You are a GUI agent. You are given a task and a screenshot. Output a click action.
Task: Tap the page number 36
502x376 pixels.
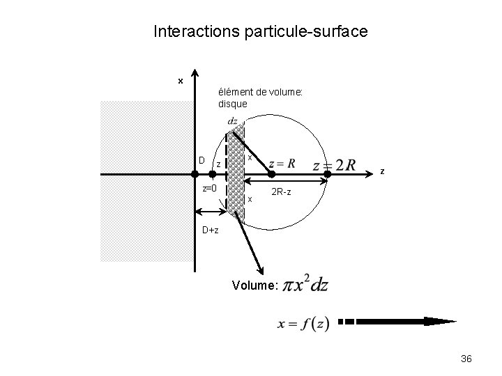466,359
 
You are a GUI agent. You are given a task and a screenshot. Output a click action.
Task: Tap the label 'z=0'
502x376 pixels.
210,188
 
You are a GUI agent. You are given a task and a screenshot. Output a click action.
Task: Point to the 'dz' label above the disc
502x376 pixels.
233,121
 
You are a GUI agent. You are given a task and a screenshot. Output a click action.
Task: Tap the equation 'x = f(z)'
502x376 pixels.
303,324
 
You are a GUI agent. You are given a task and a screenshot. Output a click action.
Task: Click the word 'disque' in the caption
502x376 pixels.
232,104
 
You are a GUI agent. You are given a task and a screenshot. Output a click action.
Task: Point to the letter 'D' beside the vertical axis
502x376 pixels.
201,161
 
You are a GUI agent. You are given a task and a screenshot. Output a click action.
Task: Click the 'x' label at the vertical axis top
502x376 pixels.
180,81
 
